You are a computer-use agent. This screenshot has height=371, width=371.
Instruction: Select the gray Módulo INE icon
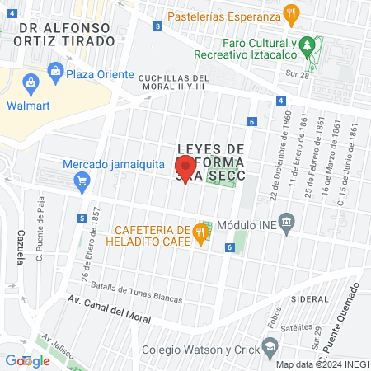[x=286, y=222]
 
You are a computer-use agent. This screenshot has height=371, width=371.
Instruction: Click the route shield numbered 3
[x=157, y=26]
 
